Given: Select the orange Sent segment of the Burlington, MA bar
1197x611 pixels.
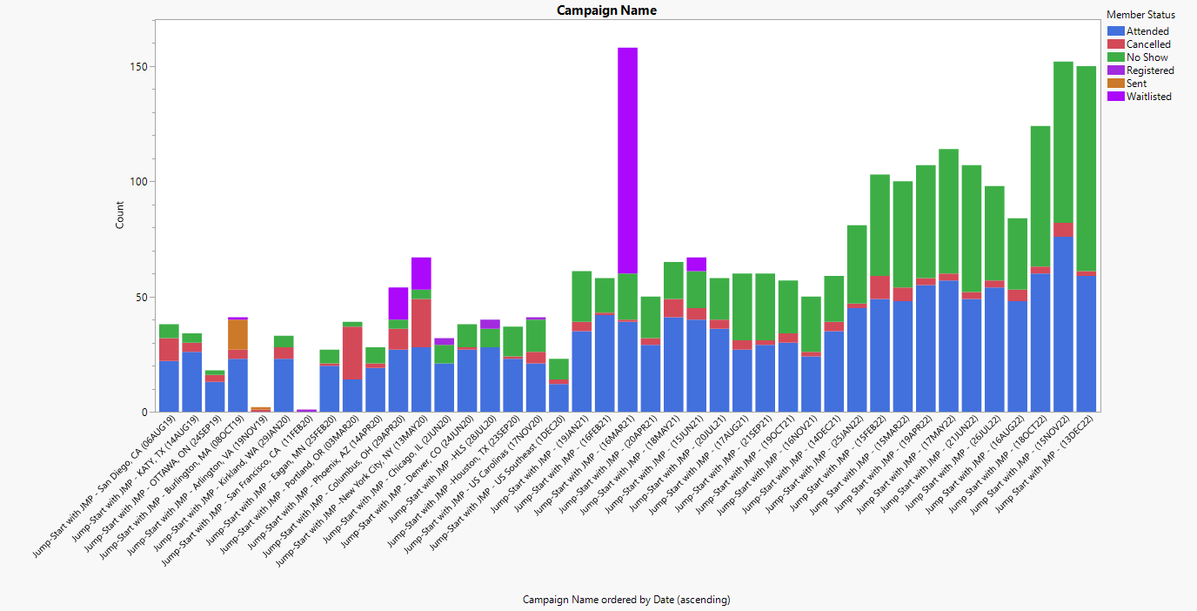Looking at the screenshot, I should (x=237, y=335).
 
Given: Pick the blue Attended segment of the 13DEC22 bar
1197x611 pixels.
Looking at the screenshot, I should (x=1086, y=344).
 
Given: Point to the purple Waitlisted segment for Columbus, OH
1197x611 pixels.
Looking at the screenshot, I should (x=398, y=303).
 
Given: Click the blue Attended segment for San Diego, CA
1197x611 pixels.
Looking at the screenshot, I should (x=169, y=386).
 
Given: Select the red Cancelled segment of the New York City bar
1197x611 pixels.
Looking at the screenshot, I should (x=421, y=323).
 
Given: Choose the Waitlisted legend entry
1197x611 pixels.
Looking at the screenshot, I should (x=1148, y=97).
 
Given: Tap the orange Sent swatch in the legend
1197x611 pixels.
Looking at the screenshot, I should (x=1114, y=84).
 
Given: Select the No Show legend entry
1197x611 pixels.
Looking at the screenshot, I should (x=1147, y=57).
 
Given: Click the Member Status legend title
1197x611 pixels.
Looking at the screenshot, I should (x=1140, y=15).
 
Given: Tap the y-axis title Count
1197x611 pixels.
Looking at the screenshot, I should (x=120, y=215).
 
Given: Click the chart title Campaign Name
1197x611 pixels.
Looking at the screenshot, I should (x=606, y=10).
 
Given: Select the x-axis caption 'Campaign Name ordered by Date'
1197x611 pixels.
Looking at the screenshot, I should (x=626, y=600).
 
